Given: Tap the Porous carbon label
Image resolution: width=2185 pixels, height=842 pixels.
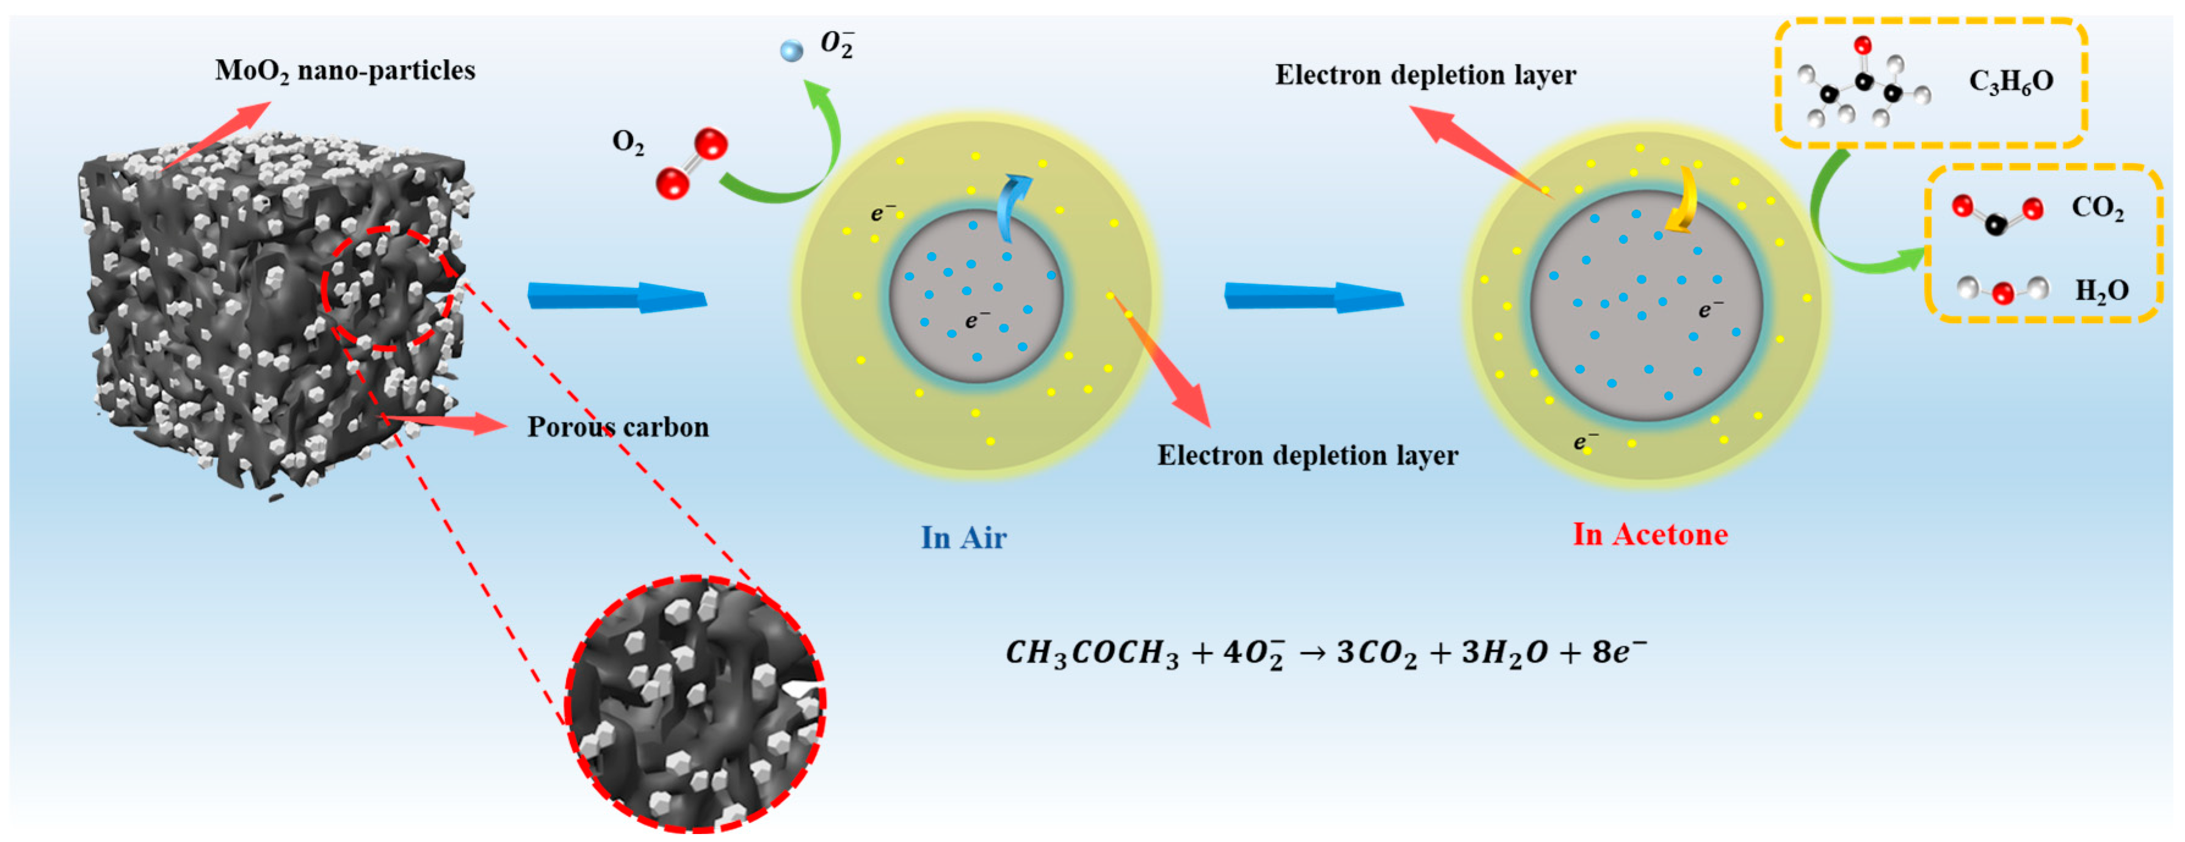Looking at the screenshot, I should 617,427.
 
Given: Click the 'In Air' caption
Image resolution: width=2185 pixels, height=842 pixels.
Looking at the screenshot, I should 963,537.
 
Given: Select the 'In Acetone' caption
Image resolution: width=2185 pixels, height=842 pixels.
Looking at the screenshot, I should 1650,534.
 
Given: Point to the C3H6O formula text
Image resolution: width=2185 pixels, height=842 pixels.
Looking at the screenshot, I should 2010,81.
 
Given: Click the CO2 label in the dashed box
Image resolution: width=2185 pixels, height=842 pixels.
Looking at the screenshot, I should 2097,208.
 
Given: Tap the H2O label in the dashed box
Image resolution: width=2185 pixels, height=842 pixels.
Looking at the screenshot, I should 2101,291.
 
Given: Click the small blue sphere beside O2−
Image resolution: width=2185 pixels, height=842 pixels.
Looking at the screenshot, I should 791,51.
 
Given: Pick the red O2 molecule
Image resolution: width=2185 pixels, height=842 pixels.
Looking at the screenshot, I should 691,163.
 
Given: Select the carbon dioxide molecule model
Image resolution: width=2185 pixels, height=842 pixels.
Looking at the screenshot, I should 1997,214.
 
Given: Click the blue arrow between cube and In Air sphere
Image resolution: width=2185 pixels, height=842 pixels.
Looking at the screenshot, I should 617,297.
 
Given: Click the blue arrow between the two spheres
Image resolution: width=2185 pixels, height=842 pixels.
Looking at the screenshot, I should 1313,297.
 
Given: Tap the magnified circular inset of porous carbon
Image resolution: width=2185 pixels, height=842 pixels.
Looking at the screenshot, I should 695,704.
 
